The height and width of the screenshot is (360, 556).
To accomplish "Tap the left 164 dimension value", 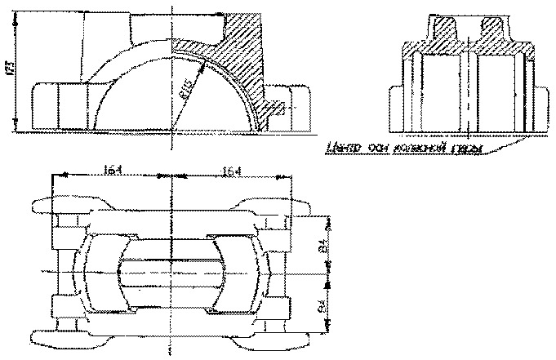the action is (113, 170).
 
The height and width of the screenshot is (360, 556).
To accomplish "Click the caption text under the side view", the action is (403, 147).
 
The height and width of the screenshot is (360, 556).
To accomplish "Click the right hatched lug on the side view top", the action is (492, 33).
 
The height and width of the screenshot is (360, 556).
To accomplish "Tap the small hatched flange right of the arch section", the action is (275, 105).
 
